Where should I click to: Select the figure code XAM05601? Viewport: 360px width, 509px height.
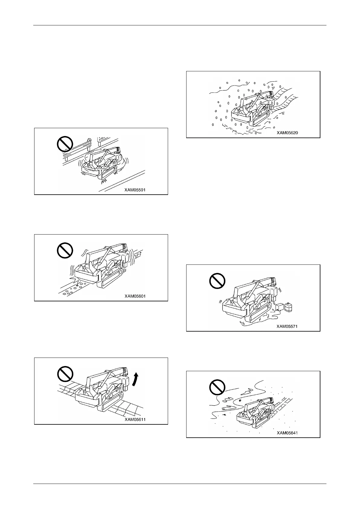[135, 296]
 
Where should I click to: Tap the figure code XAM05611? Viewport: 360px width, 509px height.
[135, 420]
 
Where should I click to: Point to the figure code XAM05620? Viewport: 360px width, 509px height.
[287, 132]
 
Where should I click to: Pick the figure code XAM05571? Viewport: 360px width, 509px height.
[287, 326]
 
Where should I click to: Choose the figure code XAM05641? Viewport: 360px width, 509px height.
[287, 433]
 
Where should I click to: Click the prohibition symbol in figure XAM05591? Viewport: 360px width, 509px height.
[65, 144]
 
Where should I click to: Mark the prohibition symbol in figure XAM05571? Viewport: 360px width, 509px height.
[217, 281]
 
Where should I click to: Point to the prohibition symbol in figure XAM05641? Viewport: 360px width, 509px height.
[217, 387]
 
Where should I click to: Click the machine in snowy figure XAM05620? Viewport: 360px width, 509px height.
[251, 109]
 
